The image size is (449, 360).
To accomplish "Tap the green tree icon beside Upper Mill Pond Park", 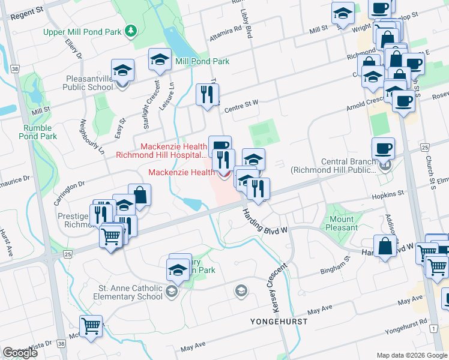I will pyautogui.click(x=130, y=31).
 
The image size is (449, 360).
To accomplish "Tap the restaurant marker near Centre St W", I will pyautogui.click(x=207, y=95).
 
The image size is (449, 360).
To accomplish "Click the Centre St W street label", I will pyautogui.click(x=241, y=106).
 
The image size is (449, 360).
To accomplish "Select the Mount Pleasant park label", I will pyautogui.click(x=342, y=223).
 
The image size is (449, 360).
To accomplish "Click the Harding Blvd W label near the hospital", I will pyautogui.click(x=265, y=221).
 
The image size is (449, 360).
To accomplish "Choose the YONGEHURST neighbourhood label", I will pyautogui.click(x=279, y=322).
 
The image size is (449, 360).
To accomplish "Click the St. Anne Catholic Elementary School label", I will pyautogui.click(x=131, y=292).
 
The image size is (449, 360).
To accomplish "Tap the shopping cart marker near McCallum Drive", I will pyautogui.click(x=91, y=326).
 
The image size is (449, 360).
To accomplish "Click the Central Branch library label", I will pyautogui.click(x=334, y=166).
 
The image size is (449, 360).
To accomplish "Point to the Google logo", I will pyautogui.click(x=20, y=353).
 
